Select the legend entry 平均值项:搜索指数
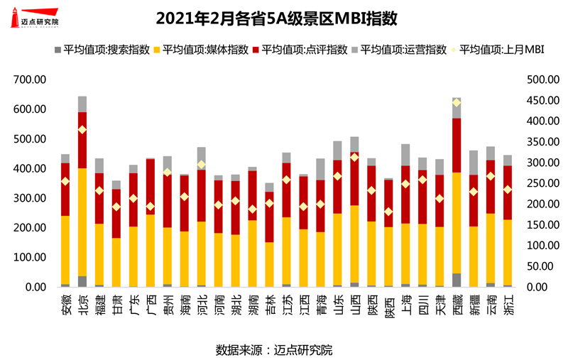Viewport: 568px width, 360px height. (102, 50)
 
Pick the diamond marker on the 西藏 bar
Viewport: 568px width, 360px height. (457, 103)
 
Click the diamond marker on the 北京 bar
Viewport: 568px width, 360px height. (82, 129)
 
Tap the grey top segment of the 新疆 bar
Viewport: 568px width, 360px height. (474, 163)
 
